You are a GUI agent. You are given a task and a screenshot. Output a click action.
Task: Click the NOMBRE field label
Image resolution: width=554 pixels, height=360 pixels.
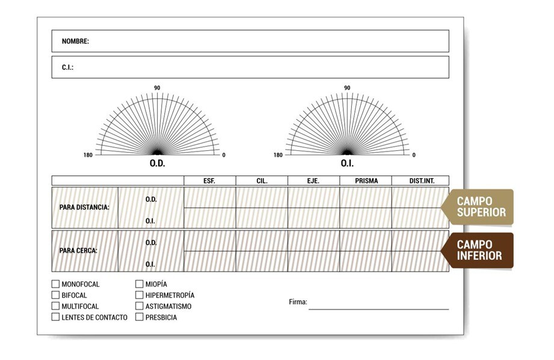75,41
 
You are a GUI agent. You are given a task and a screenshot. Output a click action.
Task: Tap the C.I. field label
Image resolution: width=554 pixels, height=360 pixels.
67,67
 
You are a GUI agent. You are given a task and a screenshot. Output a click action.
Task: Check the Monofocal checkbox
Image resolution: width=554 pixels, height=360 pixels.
55,284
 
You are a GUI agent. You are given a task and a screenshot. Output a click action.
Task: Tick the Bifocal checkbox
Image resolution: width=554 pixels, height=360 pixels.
55,294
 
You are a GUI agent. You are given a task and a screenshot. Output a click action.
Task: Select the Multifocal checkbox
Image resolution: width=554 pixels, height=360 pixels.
55,306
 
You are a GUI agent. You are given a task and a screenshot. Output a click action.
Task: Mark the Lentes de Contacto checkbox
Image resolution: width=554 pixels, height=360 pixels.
55,317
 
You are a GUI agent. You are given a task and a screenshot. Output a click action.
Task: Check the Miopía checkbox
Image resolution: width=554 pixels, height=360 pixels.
139,284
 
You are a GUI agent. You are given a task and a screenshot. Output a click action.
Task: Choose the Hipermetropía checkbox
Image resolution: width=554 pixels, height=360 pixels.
139,294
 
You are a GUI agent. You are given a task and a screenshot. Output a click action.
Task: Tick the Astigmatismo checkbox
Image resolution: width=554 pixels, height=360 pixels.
139,306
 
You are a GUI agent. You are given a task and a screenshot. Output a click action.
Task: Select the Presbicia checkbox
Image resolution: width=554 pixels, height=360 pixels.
139,317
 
